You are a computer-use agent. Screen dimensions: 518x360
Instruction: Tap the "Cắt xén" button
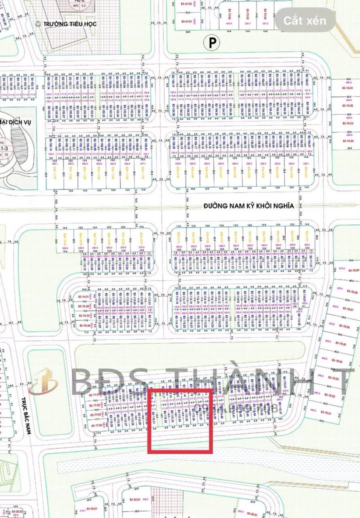(x=305, y=21)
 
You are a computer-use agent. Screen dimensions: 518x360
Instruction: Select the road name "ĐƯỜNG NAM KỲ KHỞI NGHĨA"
(x=234, y=205)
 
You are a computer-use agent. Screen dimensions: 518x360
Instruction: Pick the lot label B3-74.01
(x=347, y=88)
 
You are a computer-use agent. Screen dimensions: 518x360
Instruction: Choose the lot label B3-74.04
(x=347, y=141)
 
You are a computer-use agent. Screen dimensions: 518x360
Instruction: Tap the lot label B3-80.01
(x=251, y=514)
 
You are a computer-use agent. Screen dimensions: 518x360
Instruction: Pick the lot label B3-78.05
(x=341, y=344)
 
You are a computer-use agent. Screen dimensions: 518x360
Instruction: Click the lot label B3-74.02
(x=347, y=105)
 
